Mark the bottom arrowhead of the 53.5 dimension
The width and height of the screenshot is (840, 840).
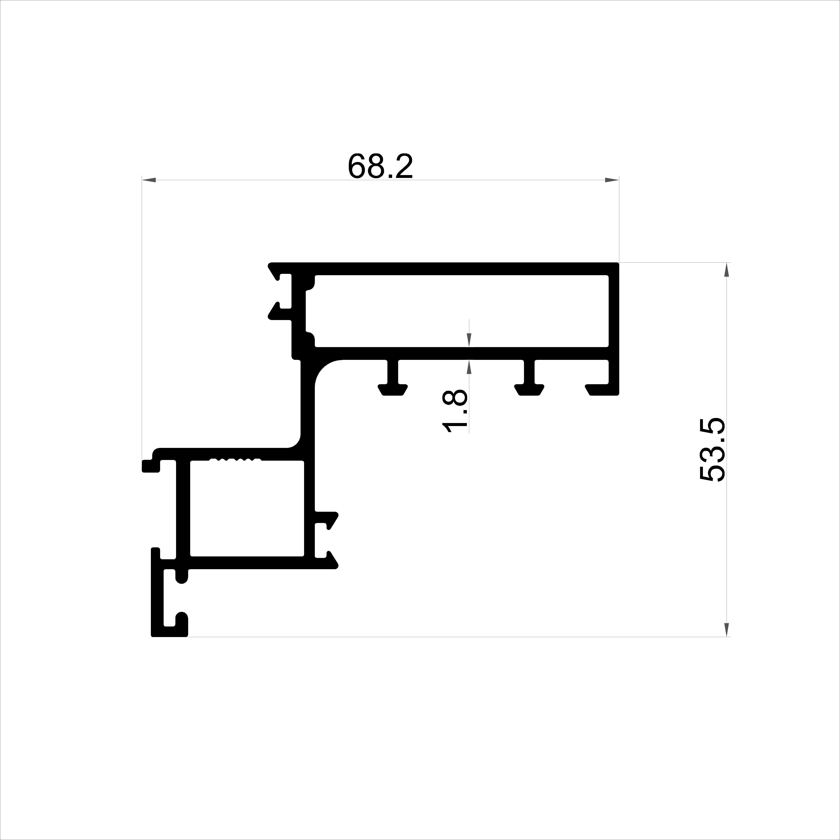[726, 629]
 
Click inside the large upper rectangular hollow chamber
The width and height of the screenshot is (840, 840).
[461, 311]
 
